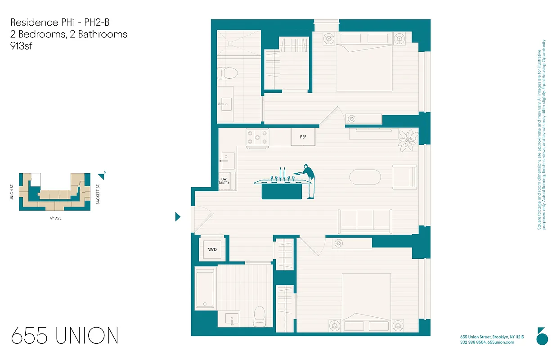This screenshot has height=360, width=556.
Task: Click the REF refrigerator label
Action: tap(303, 137)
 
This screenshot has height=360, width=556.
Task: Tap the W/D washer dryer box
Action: tap(211, 249)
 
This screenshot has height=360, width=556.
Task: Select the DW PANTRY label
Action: tap(224, 181)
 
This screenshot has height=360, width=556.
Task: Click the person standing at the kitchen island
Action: tap(308, 180)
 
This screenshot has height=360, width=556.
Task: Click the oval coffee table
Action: tap(365, 178)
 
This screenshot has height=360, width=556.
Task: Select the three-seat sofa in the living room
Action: tap(365, 221)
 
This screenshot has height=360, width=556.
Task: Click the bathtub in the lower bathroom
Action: tap(205, 288)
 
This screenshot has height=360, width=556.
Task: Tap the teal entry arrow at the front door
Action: tap(178, 217)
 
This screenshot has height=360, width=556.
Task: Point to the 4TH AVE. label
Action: tap(56, 218)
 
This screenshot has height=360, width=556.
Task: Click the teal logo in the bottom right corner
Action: tap(542, 336)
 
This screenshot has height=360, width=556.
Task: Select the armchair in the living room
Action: tap(404, 177)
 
